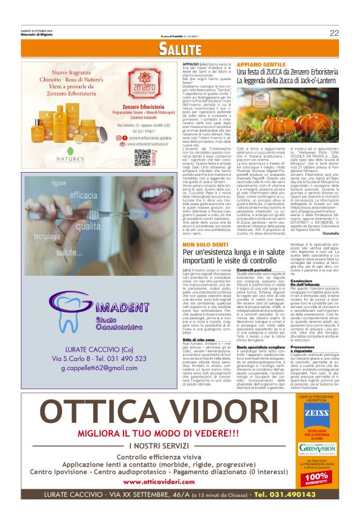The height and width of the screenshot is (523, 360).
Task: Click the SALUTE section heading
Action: (179, 49)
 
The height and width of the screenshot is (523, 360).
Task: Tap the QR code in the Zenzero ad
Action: (142, 157)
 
